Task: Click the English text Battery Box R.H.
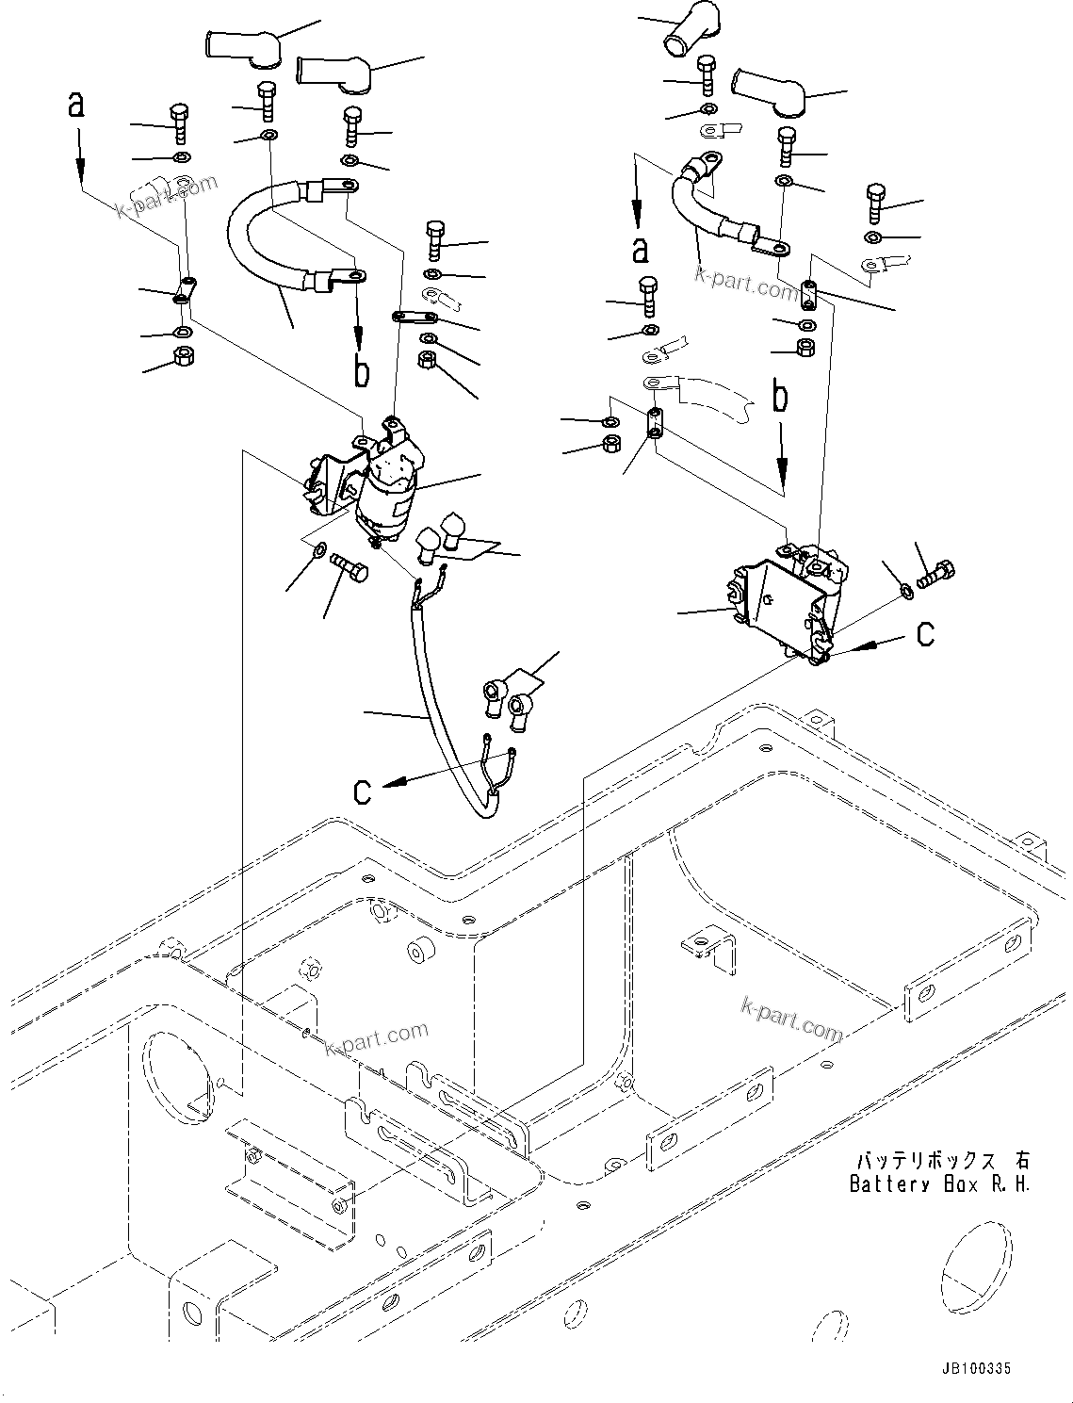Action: [x=939, y=1183]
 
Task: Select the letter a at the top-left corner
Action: [x=76, y=105]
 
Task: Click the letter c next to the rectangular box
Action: [x=925, y=634]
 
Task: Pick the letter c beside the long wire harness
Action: [x=363, y=791]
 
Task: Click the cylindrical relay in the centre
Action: [x=384, y=490]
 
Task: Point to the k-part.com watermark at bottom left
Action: [x=376, y=1038]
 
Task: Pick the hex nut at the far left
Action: [x=185, y=356]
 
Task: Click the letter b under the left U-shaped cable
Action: [x=361, y=371]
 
